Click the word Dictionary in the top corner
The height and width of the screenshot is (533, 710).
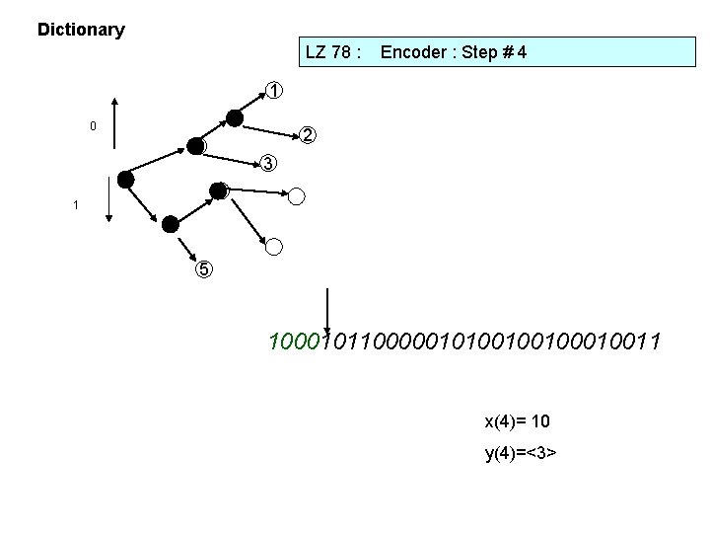(81, 30)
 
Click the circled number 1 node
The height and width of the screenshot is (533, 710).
(274, 92)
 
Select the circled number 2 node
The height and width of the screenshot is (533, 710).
(308, 134)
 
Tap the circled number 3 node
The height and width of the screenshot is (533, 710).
(268, 163)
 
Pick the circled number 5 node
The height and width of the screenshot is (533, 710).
(201, 268)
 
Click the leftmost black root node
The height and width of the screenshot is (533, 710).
(125, 179)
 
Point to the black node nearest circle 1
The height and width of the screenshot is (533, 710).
(234, 118)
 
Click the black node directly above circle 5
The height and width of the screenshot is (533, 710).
(171, 223)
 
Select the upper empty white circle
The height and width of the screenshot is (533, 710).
(298, 195)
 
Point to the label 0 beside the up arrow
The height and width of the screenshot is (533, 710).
(93, 126)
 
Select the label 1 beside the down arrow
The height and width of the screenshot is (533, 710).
(74, 205)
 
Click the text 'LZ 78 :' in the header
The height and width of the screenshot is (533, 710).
(334, 52)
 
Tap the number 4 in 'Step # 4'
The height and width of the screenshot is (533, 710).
(521, 52)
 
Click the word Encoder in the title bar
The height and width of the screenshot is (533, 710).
(413, 52)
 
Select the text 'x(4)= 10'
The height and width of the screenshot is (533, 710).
(517, 421)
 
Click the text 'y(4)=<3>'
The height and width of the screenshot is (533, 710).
(520, 453)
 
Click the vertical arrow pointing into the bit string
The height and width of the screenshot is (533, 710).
(326, 311)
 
